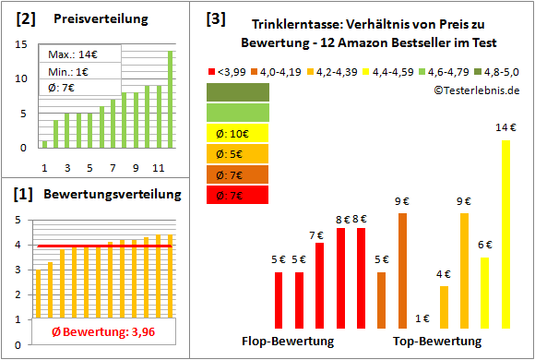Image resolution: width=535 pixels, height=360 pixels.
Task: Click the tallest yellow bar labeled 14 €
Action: tap(505, 234)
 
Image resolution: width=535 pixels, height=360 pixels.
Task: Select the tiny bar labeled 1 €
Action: tap(423, 327)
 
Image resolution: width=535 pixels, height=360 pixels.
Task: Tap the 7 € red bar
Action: tap(319, 284)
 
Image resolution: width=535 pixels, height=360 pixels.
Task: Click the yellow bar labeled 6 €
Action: tap(484, 292)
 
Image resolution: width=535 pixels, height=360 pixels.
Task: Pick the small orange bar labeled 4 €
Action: tap(444, 306)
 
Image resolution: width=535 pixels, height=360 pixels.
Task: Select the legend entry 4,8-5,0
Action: tap(498, 70)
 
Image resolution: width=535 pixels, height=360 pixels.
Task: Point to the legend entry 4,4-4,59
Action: tap(398, 70)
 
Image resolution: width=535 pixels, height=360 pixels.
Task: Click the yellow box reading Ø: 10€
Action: tap(238, 133)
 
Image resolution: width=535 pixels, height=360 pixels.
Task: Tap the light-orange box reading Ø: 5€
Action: tap(238, 153)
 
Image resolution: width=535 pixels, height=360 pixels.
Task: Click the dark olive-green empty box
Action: tap(238, 92)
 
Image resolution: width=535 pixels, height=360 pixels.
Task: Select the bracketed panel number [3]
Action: tap(215, 18)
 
